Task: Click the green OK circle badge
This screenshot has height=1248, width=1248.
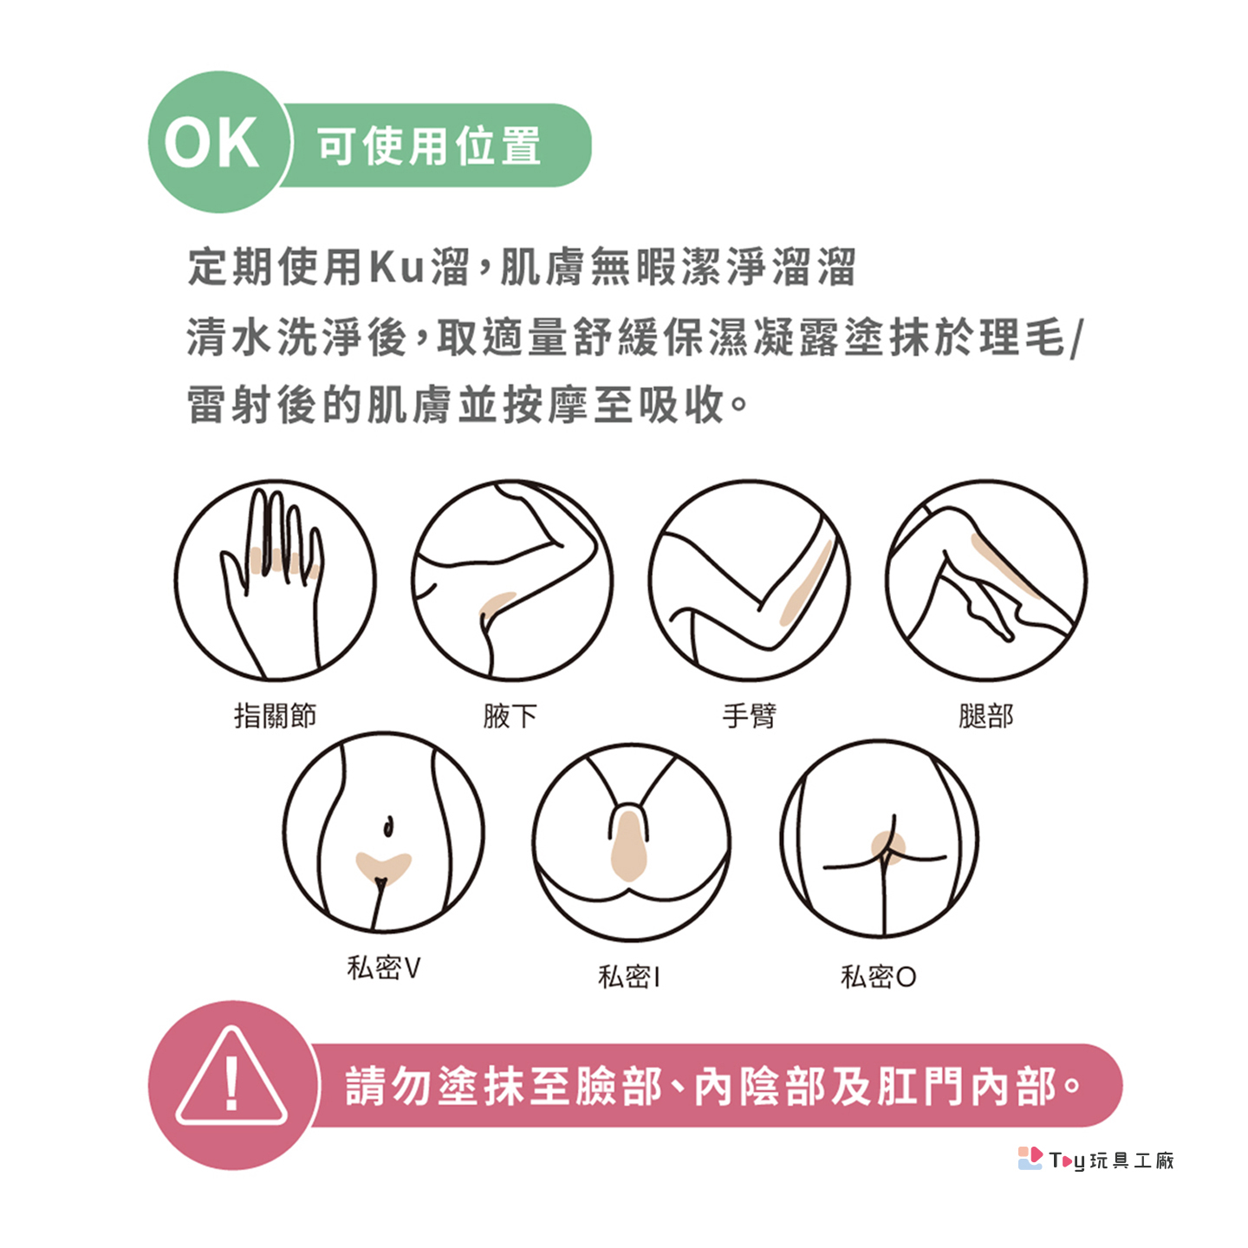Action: (220, 142)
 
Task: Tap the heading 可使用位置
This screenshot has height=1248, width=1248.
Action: (429, 146)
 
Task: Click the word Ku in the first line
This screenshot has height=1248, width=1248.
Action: (396, 266)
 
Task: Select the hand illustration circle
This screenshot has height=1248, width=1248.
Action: (276, 581)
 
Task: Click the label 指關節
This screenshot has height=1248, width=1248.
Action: (276, 716)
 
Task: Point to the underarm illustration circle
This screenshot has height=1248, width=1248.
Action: (511, 581)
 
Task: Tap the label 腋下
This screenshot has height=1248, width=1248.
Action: (510, 716)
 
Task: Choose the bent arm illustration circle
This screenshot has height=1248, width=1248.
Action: (750, 581)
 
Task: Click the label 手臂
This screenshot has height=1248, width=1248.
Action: (750, 716)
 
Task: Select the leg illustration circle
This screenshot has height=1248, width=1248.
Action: (986, 581)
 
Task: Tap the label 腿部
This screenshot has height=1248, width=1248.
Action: (986, 716)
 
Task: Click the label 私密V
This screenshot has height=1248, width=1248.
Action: (384, 968)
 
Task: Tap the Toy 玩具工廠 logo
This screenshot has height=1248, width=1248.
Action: (1095, 1159)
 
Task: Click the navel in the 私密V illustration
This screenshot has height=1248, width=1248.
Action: (388, 826)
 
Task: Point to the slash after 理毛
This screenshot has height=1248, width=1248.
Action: (1076, 339)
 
